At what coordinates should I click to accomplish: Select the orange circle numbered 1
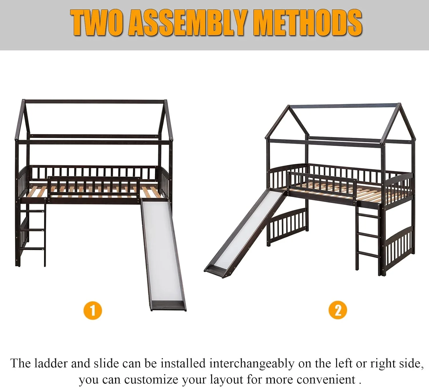point(93,311)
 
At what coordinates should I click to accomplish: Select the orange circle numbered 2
point(338,310)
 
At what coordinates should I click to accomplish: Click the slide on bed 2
point(245,234)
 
